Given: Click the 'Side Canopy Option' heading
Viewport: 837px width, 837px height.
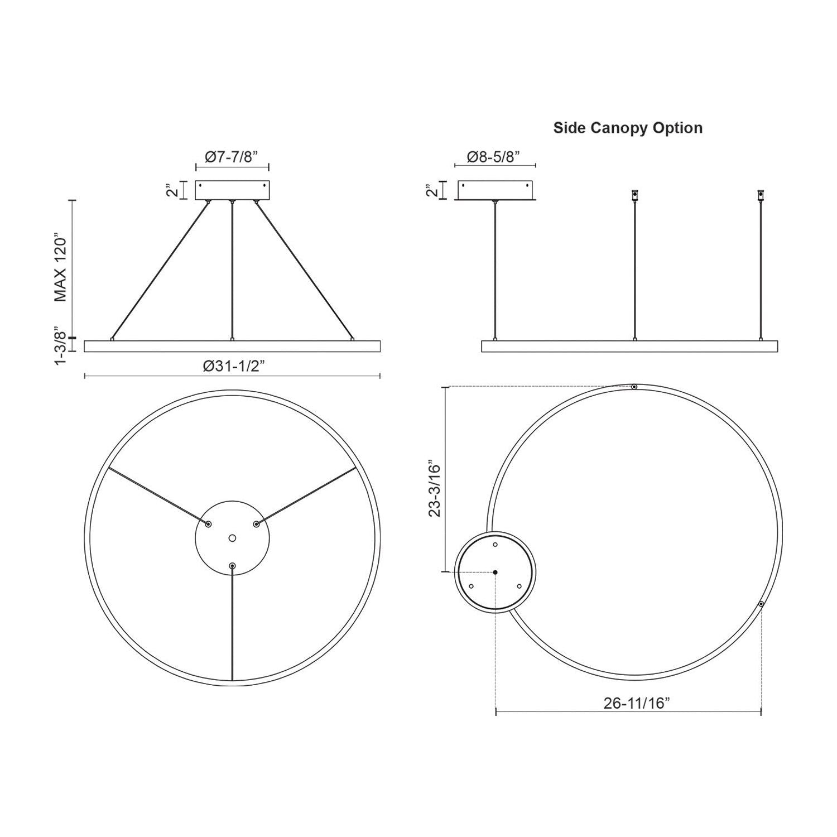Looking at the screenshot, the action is (628, 128).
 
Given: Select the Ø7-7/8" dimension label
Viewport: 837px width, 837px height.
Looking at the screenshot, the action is (232, 157).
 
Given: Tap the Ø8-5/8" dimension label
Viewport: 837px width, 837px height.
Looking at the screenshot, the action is (495, 157).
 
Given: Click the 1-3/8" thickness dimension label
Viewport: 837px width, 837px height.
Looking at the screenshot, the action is (61, 347).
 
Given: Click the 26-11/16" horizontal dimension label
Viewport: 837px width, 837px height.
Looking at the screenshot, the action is (637, 703).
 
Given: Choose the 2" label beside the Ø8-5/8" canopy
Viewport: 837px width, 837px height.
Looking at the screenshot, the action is (430, 190).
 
